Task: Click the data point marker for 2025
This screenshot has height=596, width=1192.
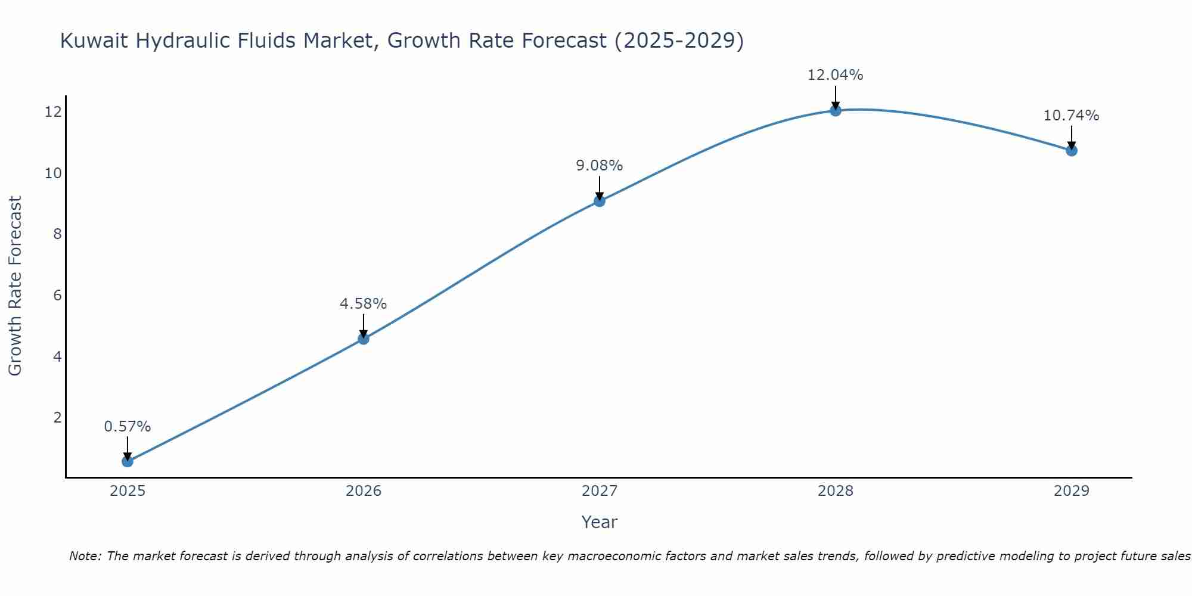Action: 128,461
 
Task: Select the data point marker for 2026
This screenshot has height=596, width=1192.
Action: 364,339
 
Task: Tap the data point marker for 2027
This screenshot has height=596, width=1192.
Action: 600,201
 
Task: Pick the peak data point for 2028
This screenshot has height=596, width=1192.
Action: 836,110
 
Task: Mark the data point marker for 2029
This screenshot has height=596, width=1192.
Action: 1072,150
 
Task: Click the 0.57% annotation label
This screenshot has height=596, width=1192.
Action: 128,427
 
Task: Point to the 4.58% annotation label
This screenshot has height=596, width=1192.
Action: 364,304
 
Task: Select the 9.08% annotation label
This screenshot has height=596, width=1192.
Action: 600,166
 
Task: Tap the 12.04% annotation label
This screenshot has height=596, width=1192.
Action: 836,75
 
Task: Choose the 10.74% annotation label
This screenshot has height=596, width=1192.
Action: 1072,116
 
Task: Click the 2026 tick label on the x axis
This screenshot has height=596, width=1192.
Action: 364,491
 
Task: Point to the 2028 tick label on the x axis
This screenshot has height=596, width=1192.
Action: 836,491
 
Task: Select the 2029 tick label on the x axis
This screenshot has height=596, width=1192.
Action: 1072,491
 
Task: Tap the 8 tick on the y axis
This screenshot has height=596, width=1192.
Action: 57,234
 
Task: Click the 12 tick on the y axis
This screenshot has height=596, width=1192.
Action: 53,111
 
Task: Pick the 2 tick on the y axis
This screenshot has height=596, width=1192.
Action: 57,417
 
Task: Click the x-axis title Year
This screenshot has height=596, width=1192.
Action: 600,522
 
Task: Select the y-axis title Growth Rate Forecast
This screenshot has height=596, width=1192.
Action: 15,286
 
